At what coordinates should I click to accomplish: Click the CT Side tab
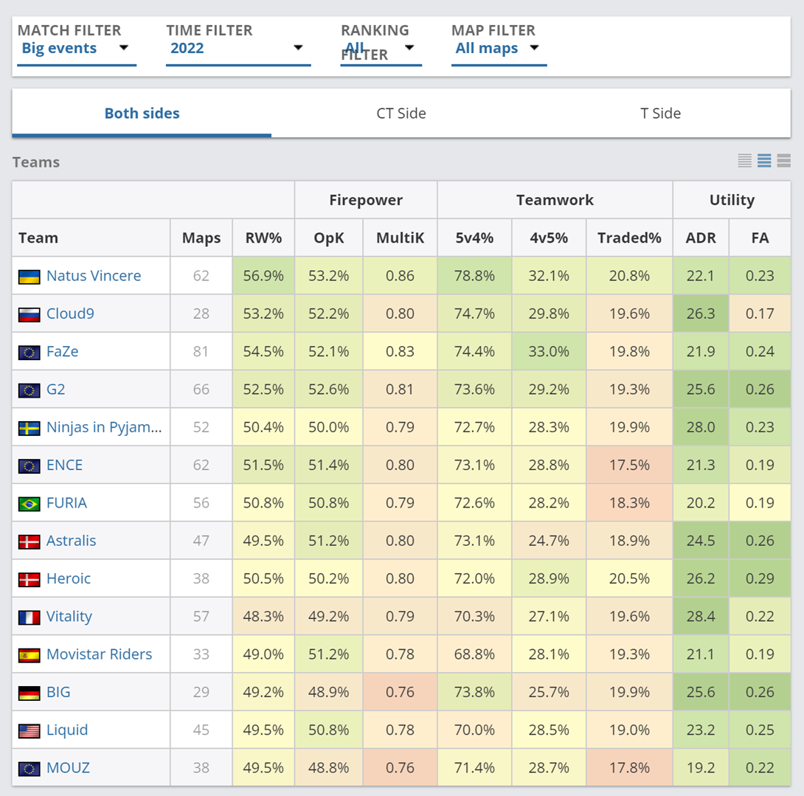(x=401, y=114)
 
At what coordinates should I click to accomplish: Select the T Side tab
(x=660, y=114)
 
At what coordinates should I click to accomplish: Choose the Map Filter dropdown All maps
(x=497, y=49)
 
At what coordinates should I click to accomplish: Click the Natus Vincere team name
(x=94, y=276)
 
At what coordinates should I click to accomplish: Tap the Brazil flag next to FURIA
(x=30, y=504)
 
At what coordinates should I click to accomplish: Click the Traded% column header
(x=629, y=238)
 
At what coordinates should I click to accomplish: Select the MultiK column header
(x=400, y=238)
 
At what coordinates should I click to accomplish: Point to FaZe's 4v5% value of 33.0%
(x=549, y=352)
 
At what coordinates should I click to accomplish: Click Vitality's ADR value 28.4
(x=701, y=617)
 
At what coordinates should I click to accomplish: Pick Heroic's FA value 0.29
(x=760, y=578)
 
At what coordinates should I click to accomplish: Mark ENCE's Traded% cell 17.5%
(x=629, y=466)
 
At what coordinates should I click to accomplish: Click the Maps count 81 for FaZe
(x=201, y=352)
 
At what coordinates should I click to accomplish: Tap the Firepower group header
(x=366, y=200)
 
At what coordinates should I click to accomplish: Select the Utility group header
(x=732, y=200)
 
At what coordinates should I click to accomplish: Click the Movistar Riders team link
(x=99, y=654)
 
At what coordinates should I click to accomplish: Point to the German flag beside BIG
(x=30, y=693)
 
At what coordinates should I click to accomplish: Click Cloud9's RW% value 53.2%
(x=263, y=314)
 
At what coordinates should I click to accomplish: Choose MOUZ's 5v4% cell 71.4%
(x=474, y=768)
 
